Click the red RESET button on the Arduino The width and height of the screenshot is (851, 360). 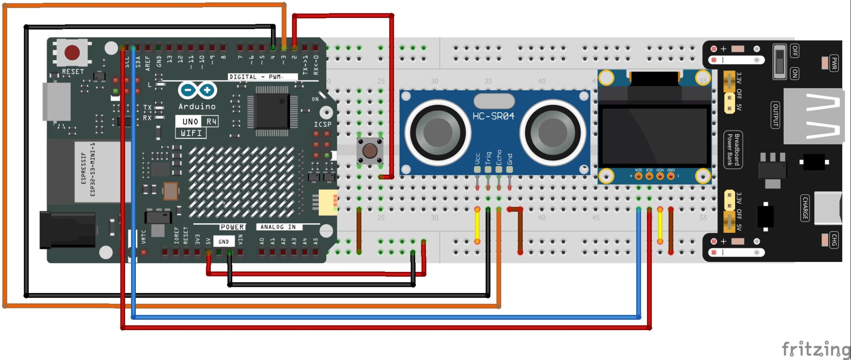pos(72,52)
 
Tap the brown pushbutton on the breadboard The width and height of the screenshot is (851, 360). pos(369,150)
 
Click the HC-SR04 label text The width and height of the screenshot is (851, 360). pos(493,116)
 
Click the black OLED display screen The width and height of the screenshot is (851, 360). pos(654,136)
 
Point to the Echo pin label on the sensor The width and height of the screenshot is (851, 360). pos(499,158)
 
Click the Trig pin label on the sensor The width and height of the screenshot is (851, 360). pos(488,158)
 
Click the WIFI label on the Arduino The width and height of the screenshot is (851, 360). pos(191,133)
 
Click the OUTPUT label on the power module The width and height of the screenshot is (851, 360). pos(775,115)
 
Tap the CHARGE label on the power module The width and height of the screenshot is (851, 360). pos(805,208)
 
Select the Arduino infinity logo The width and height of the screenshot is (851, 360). pos(197,90)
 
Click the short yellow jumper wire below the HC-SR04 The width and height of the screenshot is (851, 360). pos(477,224)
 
